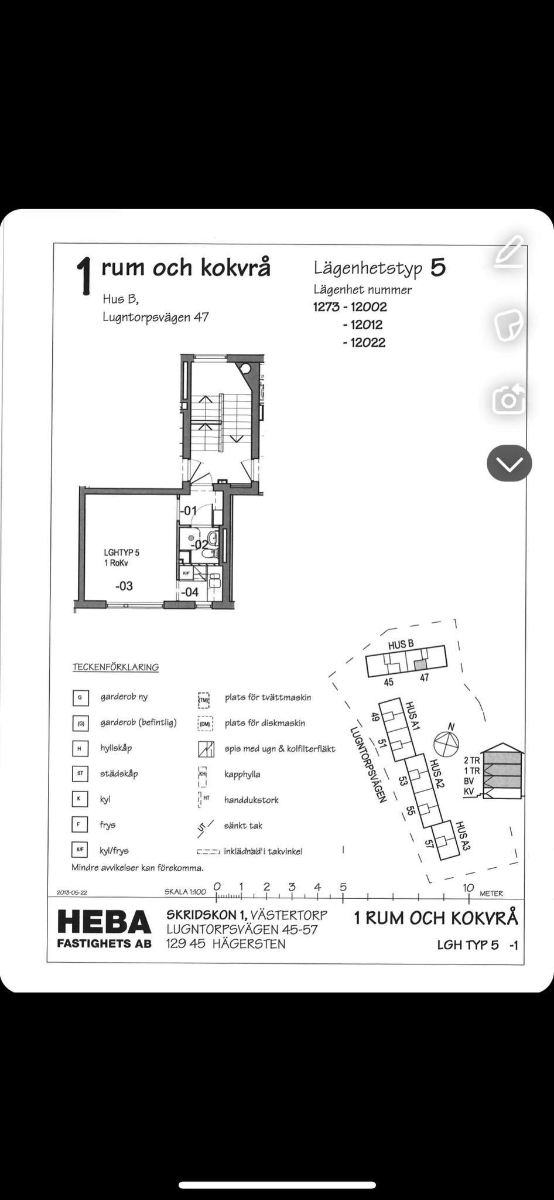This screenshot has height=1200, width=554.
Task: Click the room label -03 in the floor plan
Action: click(124, 585)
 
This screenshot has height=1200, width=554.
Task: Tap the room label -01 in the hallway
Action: click(188, 511)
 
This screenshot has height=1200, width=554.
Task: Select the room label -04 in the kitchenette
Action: click(189, 592)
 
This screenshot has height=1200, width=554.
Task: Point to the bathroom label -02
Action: click(201, 544)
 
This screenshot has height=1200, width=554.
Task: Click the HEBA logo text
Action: click(104, 922)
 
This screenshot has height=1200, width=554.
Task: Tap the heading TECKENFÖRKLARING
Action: click(115, 667)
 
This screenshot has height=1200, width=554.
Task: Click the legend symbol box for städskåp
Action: click(80, 773)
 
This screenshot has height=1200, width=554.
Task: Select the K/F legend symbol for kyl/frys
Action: click(80, 850)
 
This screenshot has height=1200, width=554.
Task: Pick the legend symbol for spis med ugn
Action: click(204, 748)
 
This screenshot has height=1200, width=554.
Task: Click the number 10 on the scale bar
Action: click(468, 887)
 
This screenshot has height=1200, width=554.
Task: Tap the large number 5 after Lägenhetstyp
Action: click(438, 268)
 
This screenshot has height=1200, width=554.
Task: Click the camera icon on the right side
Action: click(508, 400)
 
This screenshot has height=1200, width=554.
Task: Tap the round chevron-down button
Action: click(509, 463)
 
